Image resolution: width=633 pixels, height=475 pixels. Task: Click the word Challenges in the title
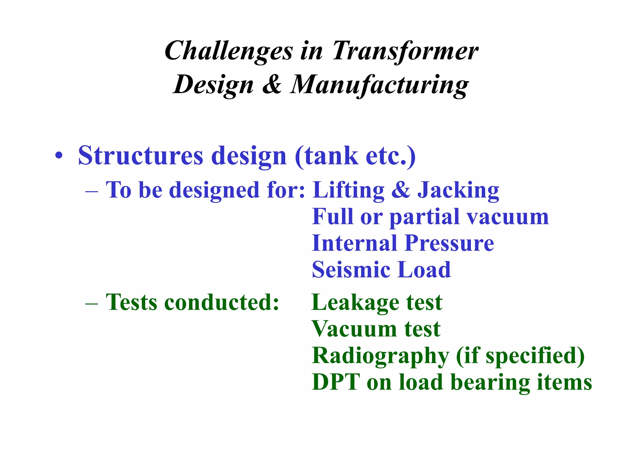click(228, 51)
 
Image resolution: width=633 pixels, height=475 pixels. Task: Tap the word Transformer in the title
click(405, 51)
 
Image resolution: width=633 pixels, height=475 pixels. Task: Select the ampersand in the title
click(272, 84)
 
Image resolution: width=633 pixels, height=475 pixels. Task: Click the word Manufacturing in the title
click(379, 85)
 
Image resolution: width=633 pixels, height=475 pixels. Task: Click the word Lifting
click(348, 190)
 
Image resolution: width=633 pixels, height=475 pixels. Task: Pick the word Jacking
click(458, 190)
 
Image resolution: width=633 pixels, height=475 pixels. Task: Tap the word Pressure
click(449, 243)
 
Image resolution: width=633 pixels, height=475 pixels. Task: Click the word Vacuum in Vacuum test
click(354, 329)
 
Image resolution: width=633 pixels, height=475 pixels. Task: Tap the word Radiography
click(380, 356)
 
